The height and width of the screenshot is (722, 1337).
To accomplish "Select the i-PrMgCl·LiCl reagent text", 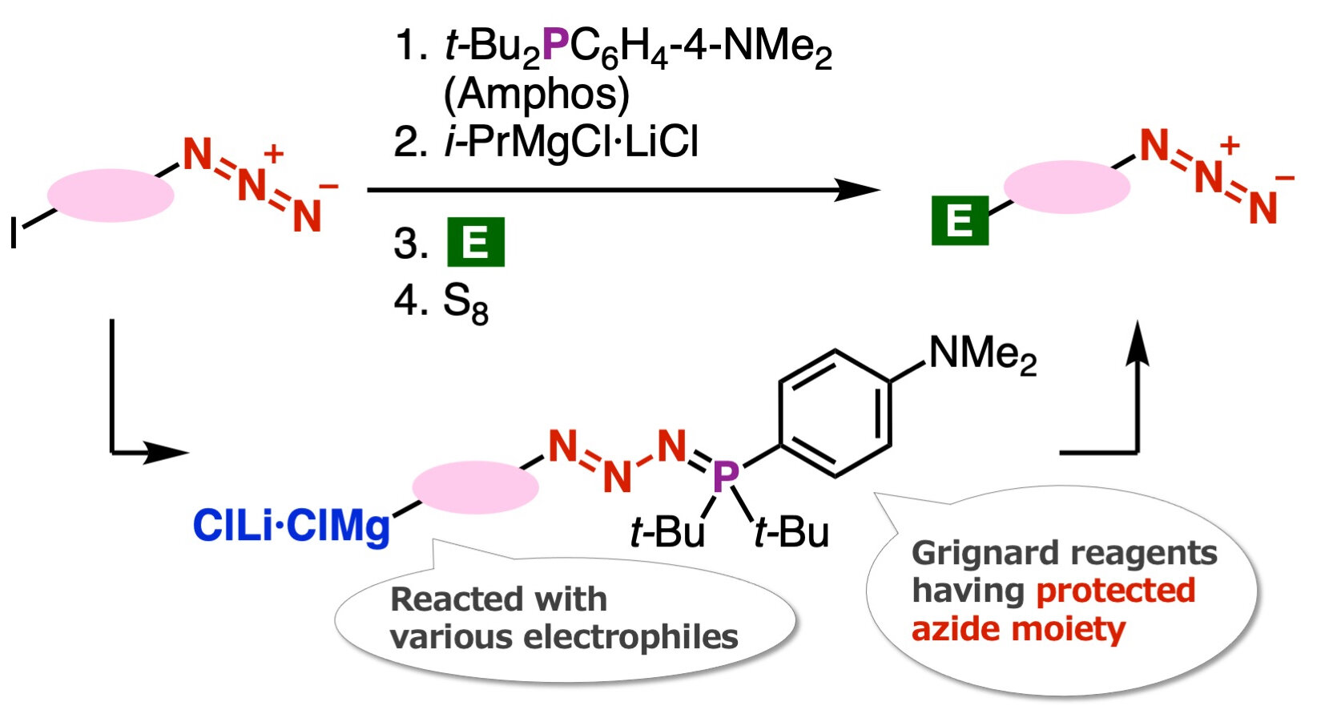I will tap(571, 143).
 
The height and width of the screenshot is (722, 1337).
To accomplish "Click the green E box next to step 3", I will tap(475, 241).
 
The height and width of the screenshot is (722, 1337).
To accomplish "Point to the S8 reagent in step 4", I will tap(465, 303).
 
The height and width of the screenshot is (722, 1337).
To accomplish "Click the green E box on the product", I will tap(960, 220).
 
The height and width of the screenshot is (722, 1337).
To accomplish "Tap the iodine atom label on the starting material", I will tap(14, 233).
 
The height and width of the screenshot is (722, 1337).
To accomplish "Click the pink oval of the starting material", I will tap(111, 195).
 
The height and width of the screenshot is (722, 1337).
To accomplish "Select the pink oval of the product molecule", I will tap(1066, 187).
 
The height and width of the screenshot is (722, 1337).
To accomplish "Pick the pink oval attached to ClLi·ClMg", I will tap(475, 486).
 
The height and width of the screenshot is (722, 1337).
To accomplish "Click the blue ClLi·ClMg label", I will tap(291, 526).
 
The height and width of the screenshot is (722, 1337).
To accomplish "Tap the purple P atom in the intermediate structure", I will tap(725, 476).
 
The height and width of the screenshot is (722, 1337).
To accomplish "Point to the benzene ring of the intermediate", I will tap(835, 413).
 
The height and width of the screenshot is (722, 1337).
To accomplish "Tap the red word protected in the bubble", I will tap(1115, 591).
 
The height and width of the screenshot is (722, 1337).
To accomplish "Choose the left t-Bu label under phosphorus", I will tap(667, 532).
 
